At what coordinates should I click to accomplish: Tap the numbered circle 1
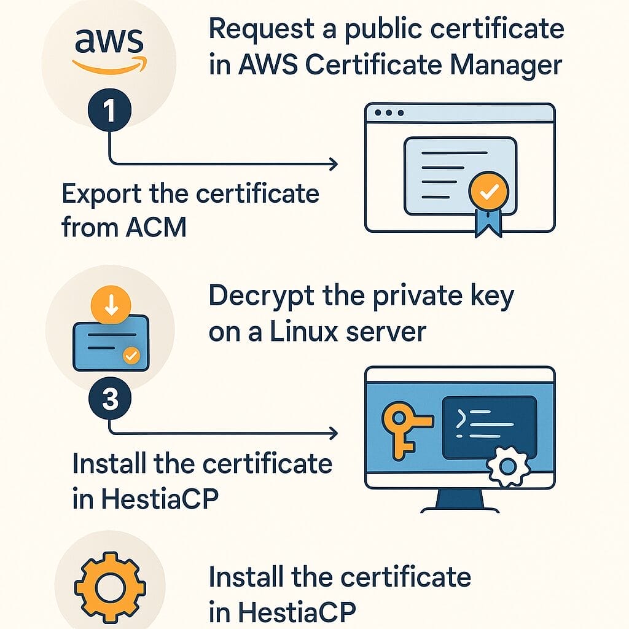point(109,112)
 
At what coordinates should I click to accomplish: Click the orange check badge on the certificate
point(488,193)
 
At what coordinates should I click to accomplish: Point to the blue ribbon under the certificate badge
point(488,224)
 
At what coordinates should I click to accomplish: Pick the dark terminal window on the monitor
point(490,425)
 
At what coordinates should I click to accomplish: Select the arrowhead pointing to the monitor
point(333,434)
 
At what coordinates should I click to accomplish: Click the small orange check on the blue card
point(130,354)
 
